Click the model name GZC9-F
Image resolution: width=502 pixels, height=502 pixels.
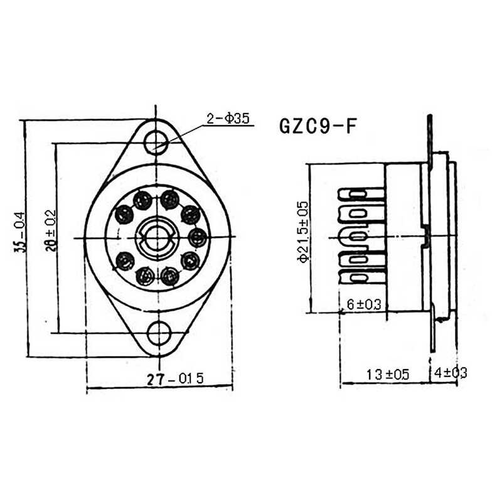point(318,126)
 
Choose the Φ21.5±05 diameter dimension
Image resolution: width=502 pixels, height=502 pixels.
point(303,232)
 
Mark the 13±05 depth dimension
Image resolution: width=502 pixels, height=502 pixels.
point(387,375)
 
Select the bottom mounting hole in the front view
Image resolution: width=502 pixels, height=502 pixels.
point(159,332)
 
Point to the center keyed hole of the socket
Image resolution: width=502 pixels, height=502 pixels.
point(157,237)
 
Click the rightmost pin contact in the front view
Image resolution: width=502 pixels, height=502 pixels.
point(198,237)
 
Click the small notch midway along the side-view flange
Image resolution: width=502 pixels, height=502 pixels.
point(427,236)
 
